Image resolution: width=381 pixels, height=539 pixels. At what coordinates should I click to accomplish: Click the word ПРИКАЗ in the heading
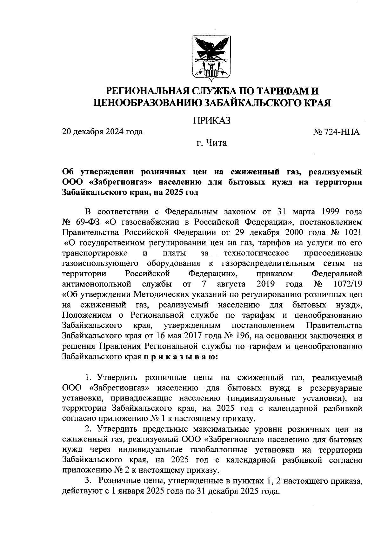(211, 121)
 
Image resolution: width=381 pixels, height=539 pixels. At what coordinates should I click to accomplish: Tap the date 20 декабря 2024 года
(102, 131)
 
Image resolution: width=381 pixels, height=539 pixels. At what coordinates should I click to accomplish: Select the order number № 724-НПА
(336, 132)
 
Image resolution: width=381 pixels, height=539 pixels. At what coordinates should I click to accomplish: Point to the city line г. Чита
(211, 143)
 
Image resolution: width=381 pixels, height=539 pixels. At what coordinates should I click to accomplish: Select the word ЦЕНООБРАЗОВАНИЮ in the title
(147, 103)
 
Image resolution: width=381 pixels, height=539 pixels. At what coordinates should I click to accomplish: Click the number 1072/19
(348, 284)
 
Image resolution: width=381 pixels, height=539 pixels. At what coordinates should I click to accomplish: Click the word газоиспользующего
(100, 263)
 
